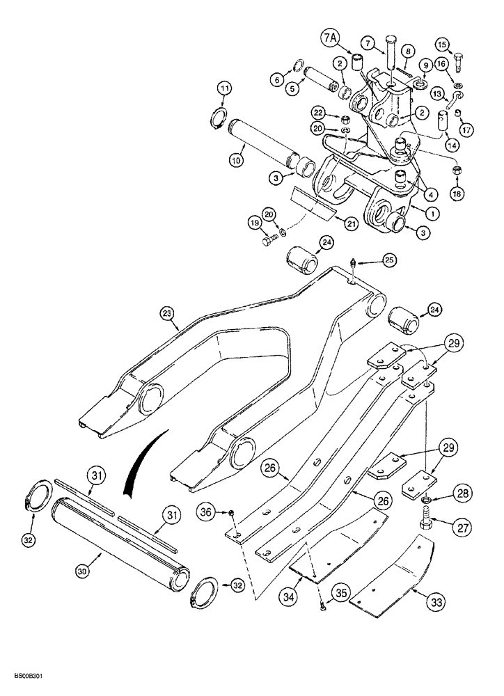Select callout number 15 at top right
tap(460, 44)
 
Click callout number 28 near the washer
tap(459, 495)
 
